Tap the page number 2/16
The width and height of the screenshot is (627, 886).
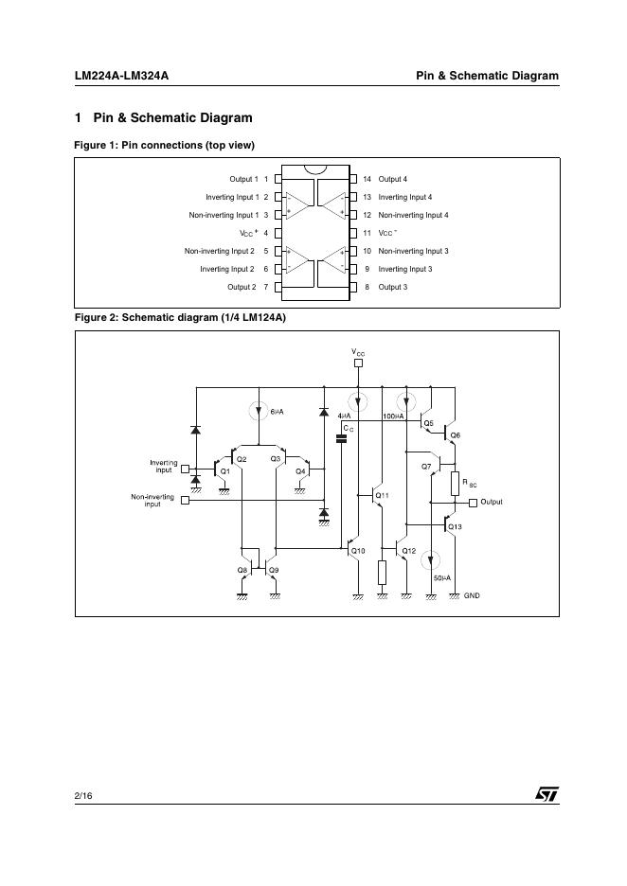click(83, 796)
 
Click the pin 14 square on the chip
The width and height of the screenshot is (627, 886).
click(353, 179)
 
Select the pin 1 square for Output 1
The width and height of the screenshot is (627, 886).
click(278, 179)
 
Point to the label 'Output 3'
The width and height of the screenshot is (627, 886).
click(392, 287)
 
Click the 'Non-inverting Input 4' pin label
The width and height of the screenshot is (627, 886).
click(413, 215)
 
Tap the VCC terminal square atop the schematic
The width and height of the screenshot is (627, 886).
click(357, 363)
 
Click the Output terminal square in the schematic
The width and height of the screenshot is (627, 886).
click(473, 502)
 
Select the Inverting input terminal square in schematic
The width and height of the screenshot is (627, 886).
click(185, 468)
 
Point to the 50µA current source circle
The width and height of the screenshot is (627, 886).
click(431, 559)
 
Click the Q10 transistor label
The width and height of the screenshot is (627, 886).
click(358, 551)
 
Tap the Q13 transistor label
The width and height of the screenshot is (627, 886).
click(456, 526)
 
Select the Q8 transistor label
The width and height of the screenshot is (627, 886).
click(242, 570)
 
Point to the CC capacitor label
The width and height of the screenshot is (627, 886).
click(348, 428)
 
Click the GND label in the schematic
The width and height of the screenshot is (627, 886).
click(472, 595)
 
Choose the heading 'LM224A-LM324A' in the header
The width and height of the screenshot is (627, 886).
click(121, 76)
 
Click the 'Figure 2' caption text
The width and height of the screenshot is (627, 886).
click(180, 317)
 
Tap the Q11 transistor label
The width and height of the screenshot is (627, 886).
click(382, 495)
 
